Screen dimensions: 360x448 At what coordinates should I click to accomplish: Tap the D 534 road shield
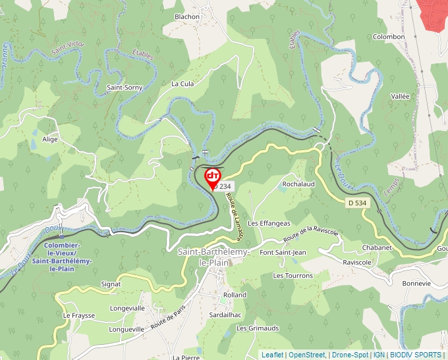click(356, 203)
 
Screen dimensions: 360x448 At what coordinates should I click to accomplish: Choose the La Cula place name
click(182, 84)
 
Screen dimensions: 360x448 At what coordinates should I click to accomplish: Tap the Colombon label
click(389, 37)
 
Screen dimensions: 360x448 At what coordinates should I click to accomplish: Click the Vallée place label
click(401, 96)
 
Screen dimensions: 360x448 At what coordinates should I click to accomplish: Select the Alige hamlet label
click(50, 140)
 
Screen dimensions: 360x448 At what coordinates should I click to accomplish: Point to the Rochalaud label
click(298, 184)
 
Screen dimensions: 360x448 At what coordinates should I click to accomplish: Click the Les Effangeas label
click(269, 223)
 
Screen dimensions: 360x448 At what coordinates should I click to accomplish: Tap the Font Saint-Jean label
click(283, 252)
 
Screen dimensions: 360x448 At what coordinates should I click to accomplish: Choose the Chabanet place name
click(376, 247)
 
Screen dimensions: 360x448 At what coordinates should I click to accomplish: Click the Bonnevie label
click(416, 283)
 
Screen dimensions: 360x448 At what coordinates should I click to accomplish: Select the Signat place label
click(111, 284)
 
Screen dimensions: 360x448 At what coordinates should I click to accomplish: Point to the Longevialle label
click(127, 307)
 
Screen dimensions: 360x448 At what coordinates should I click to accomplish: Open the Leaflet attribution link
click(272, 355)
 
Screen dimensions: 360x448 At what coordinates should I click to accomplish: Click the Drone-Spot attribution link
click(349, 355)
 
